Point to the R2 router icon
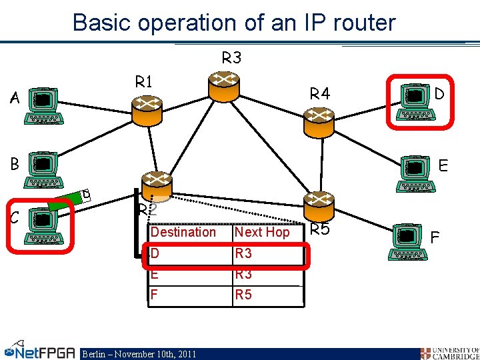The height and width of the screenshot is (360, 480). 156,186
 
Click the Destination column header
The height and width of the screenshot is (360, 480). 183,232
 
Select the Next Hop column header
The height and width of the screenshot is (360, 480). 262,232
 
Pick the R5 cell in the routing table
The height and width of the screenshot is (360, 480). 243,294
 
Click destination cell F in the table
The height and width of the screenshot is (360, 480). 155,294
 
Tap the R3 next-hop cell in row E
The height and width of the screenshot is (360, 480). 243,274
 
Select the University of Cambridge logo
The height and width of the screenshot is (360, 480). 449,353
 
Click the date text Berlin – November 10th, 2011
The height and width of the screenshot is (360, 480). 139,354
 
